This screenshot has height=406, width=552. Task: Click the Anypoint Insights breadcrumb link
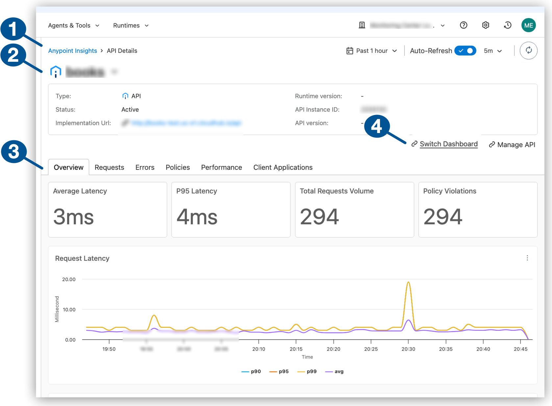[x=72, y=51]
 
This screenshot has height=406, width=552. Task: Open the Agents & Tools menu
[x=73, y=25]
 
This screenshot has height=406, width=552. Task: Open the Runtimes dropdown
[x=131, y=25]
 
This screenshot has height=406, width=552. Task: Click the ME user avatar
[x=528, y=25]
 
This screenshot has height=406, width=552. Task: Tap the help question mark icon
[x=463, y=25]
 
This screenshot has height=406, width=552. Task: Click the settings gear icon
[x=485, y=25]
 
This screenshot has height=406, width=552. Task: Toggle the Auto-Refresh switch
[x=465, y=51]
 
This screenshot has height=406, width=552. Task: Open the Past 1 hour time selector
[x=372, y=51]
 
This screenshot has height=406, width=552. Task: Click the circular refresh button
[x=528, y=50]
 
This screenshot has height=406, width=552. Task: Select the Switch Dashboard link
[x=448, y=144]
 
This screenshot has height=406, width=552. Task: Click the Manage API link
[x=516, y=145]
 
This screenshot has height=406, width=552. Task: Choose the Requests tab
[x=109, y=167]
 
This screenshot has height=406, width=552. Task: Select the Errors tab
[x=145, y=167]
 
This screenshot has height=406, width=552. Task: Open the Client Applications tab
[x=283, y=167]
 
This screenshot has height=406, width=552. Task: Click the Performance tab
[x=221, y=167]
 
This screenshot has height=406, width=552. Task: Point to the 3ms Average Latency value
[x=74, y=217]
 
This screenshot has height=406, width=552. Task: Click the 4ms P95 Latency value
[x=197, y=217]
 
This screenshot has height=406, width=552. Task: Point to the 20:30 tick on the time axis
[x=408, y=349]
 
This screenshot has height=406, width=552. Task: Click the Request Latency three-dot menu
[x=527, y=258]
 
